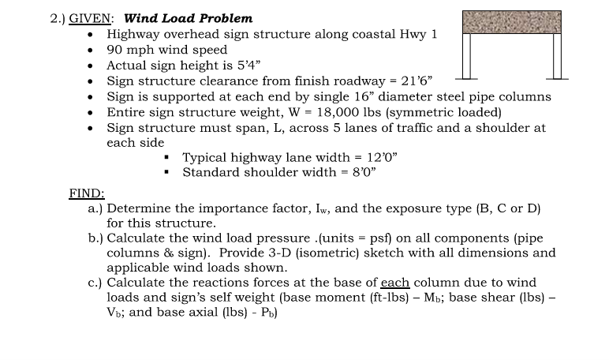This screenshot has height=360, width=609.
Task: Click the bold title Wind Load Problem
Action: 189,17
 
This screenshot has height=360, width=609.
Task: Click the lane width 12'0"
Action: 379,157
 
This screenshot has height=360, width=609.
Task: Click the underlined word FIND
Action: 87,193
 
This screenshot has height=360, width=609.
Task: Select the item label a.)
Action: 95,208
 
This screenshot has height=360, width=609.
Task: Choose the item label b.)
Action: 95,238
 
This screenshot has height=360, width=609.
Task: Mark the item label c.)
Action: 95,283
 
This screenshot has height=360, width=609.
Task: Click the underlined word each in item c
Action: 394,283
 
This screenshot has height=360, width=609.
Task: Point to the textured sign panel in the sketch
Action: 511,22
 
